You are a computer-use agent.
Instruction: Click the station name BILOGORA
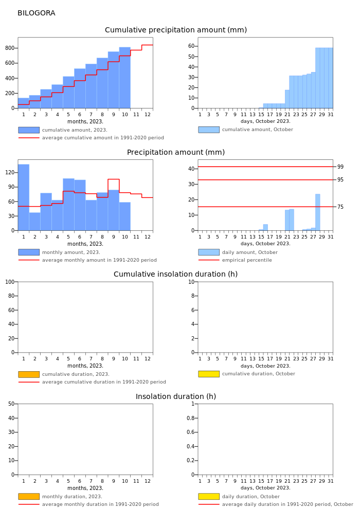click(x=37, y=13)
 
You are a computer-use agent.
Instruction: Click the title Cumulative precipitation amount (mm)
click(x=175, y=30)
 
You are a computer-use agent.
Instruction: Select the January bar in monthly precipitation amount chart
click(x=24, y=197)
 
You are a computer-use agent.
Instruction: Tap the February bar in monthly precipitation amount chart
click(x=35, y=222)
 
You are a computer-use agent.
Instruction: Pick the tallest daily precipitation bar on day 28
click(x=317, y=212)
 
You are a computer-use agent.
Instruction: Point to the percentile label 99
click(x=340, y=167)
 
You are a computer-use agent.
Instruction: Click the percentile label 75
click(x=340, y=207)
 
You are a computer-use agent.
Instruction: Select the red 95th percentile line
click(x=265, y=180)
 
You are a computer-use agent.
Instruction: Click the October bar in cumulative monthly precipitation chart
click(x=124, y=78)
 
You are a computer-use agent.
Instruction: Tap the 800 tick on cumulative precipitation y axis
click(x=10, y=48)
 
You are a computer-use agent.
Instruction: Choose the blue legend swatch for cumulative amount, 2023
click(x=29, y=130)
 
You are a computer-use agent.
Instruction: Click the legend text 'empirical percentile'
click(x=247, y=260)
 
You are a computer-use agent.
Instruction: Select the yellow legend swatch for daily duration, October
click(x=209, y=496)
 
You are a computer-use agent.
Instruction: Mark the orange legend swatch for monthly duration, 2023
click(x=29, y=496)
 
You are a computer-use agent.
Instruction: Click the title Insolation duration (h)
click(x=175, y=396)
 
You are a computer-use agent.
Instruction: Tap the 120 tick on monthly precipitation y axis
click(x=10, y=172)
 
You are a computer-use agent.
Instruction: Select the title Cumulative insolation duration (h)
click(x=175, y=274)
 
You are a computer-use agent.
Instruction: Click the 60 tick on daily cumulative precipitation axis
click(x=191, y=46)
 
